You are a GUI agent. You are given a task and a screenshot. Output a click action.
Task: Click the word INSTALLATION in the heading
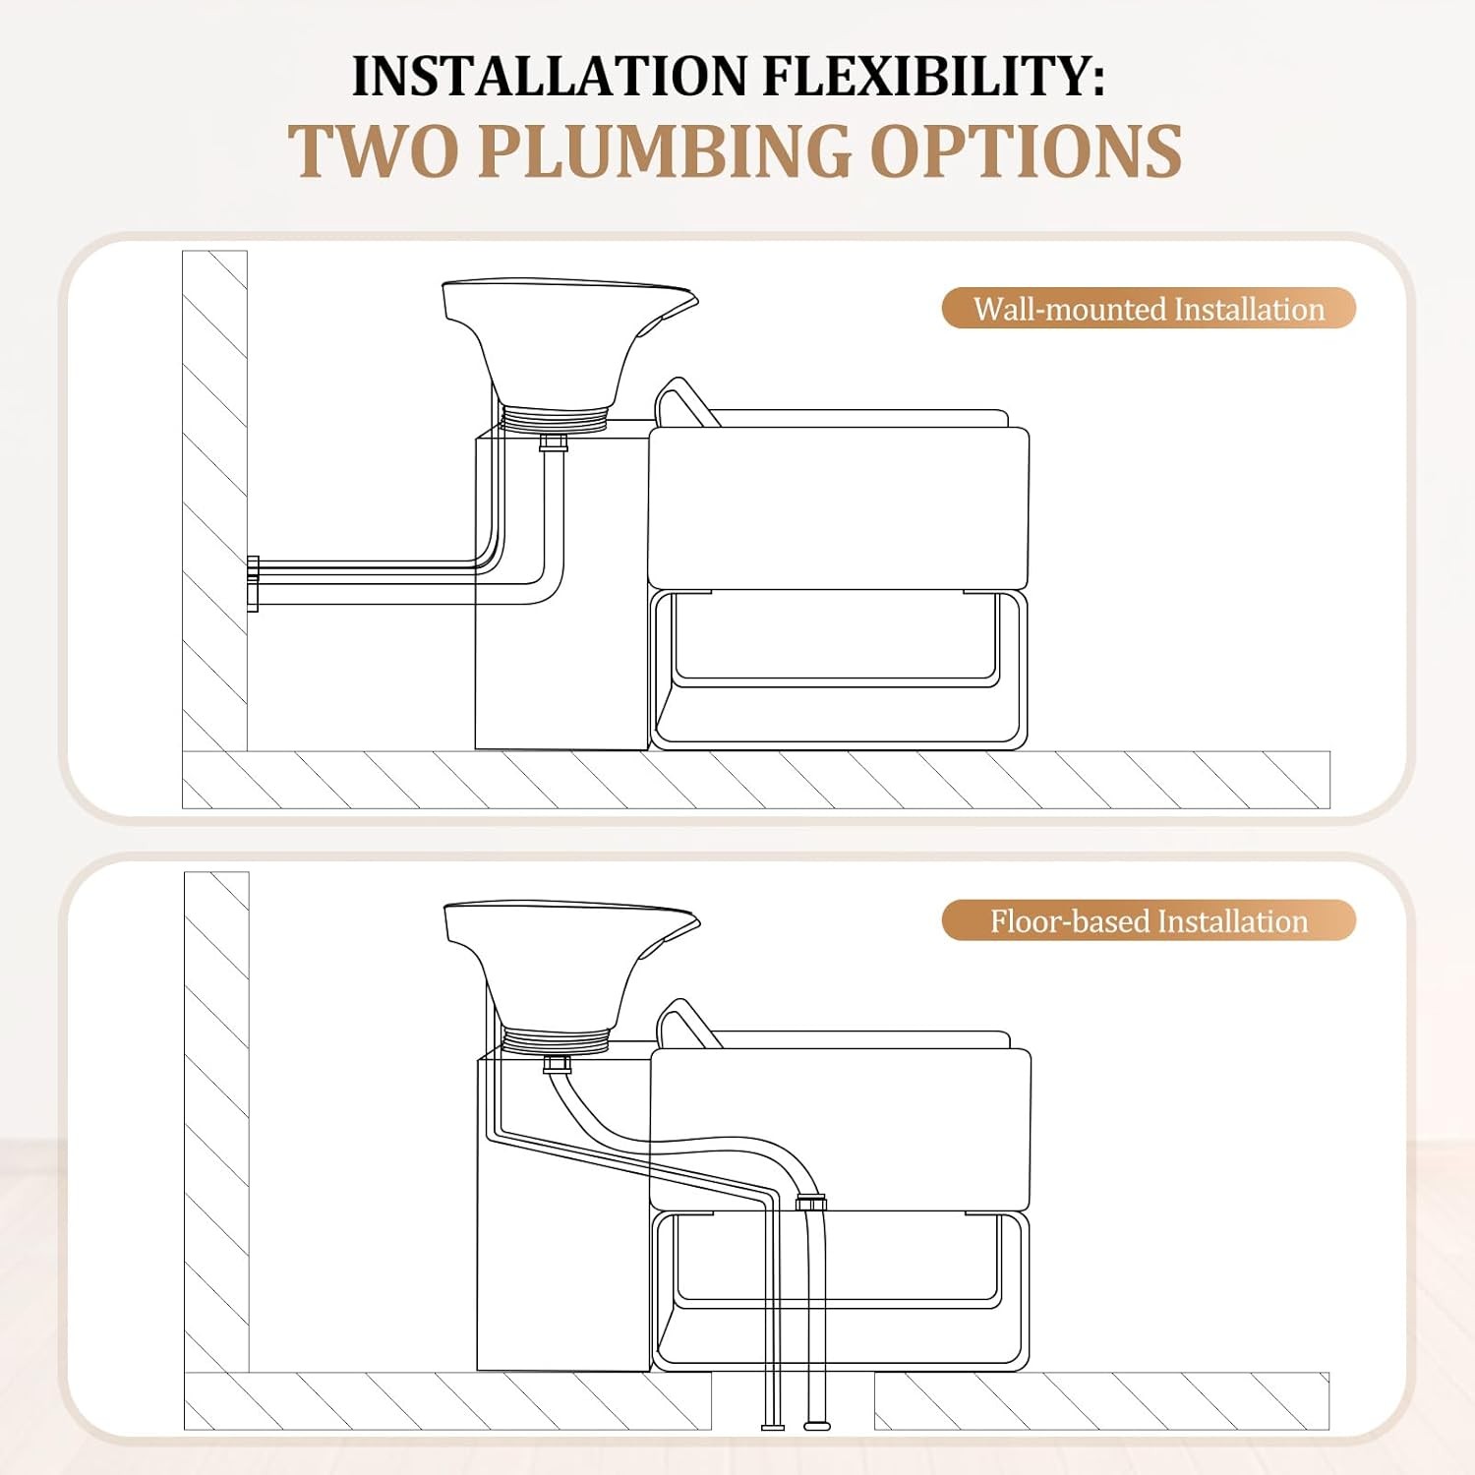(550, 77)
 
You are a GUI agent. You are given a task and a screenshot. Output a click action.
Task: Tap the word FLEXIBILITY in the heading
(933, 77)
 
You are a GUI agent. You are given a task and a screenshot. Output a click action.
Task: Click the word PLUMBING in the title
(665, 151)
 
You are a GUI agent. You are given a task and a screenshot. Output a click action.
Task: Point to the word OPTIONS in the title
(1027, 151)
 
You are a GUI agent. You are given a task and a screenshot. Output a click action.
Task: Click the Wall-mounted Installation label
(1149, 309)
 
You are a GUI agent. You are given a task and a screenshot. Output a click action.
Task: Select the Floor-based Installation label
(1149, 921)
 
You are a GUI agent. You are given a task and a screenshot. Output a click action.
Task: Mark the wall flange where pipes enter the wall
(253, 583)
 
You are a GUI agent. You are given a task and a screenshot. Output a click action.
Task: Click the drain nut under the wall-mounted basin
(554, 442)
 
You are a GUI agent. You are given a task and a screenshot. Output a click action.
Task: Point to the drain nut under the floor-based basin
(557, 1064)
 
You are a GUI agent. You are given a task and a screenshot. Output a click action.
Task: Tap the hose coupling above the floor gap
(811, 1202)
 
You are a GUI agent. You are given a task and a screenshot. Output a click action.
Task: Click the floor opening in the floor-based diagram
(793, 1400)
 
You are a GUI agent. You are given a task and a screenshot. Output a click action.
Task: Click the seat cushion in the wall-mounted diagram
(838, 508)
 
